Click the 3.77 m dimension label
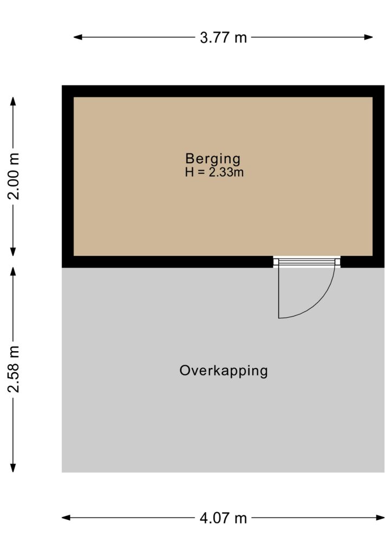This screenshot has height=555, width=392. pos(223,37)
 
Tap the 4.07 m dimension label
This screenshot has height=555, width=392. pos(223,518)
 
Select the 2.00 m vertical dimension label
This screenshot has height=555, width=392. pos(14,176)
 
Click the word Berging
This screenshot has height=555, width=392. pos(213,159)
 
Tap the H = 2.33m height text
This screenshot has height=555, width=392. pos(214,172)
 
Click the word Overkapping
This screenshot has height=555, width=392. pos(224,371)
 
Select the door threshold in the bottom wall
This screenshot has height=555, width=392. pos(307,262)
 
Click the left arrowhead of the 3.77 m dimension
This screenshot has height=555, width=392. pos(77,37)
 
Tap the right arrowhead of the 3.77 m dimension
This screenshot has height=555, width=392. pos(369,37)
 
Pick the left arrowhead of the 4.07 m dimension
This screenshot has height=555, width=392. pos(66,518)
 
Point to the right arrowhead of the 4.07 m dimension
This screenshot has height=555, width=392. pos(380,518)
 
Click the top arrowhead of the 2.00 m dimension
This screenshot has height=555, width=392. pos(13,101)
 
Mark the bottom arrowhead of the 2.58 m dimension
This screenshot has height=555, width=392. pos(13,468)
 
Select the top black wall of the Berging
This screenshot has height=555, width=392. pos(223,91)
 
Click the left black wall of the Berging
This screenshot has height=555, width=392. pos(68,176)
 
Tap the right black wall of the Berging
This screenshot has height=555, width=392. pos(378,176)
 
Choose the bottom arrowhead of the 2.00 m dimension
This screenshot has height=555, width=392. pos(13,251)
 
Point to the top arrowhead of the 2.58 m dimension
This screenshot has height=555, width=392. pos(13,271)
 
